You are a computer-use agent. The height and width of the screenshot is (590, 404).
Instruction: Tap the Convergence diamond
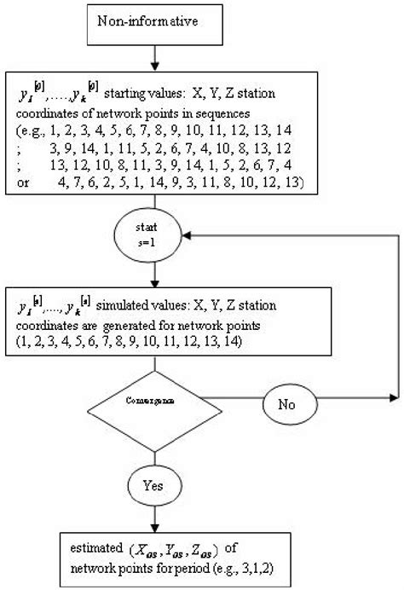tap(154, 398)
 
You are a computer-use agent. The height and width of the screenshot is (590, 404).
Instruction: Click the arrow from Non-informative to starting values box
tap(154, 57)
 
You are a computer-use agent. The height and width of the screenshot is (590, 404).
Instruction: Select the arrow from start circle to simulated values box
tap(154, 275)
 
